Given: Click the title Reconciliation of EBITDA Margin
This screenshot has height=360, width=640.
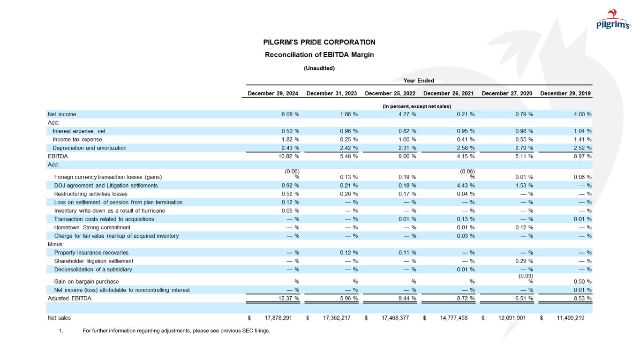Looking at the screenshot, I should click(319, 54).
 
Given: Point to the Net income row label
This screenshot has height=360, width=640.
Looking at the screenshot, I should click(62, 114).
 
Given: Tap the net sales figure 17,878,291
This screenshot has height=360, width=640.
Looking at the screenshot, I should click(277, 318).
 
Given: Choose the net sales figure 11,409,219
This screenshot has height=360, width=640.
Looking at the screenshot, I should click(570, 318).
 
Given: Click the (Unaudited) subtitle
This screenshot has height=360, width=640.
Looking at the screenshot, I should click(319, 68).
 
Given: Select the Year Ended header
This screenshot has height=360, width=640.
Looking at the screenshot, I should click(419, 81).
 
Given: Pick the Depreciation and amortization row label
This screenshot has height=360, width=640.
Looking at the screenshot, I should click(90, 148).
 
